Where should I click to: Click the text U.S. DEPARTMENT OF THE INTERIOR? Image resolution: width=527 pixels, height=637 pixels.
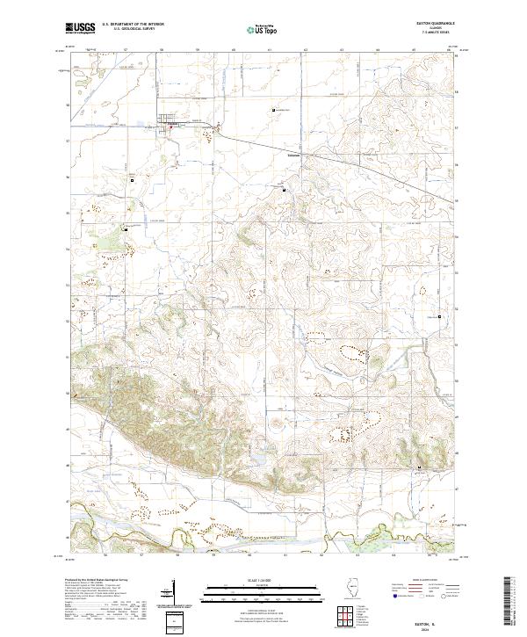(132, 25)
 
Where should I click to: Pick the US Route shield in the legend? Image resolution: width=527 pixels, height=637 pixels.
(420, 595)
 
